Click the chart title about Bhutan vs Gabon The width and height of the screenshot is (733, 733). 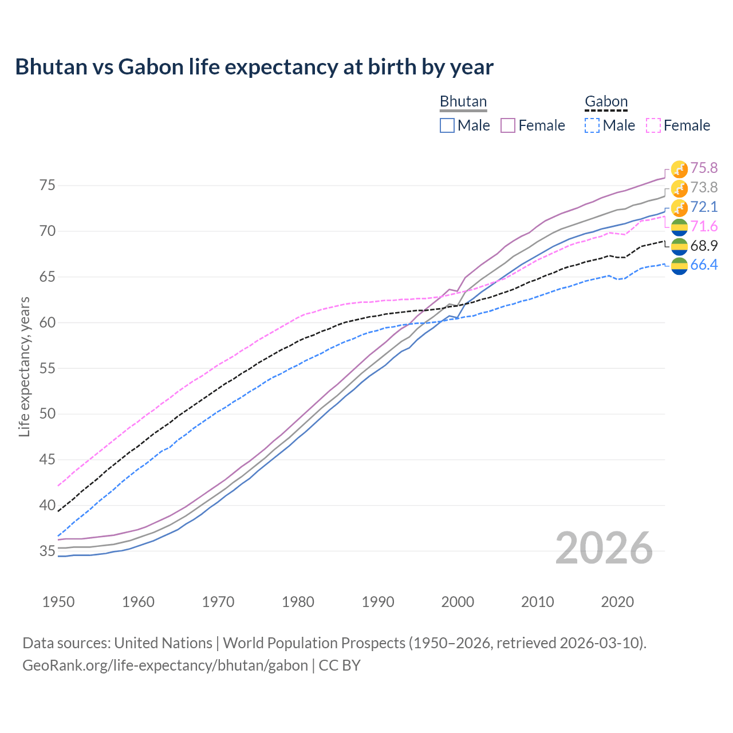[x=254, y=67]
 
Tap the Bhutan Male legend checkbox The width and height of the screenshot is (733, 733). [x=447, y=125]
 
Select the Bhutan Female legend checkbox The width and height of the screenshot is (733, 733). [x=508, y=125]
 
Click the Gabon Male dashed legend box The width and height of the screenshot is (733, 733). [x=592, y=125]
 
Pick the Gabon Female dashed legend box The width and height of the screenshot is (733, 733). [x=653, y=125]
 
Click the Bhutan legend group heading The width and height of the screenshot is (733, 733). [x=463, y=101]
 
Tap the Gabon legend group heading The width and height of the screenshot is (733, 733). [x=606, y=101]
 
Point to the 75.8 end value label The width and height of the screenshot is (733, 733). [x=704, y=168]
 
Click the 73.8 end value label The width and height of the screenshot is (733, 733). [x=704, y=187]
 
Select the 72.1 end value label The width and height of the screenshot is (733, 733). [x=704, y=207]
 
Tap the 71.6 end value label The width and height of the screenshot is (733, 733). [x=704, y=226]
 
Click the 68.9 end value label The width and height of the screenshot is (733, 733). [x=704, y=246]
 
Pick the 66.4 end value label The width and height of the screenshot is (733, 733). [x=704, y=265]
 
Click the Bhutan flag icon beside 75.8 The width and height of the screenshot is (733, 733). [x=679, y=169]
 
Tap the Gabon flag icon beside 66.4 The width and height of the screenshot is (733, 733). [x=679, y=266]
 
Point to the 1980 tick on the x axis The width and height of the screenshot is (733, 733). [x=298, y=602]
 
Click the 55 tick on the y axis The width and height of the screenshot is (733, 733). [x=47, y=368]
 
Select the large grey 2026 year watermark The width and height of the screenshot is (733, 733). [x=604, y=549]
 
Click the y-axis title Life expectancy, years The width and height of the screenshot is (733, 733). [x=24, y=366]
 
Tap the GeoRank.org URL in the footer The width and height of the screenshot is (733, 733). [x=165, y=665]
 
